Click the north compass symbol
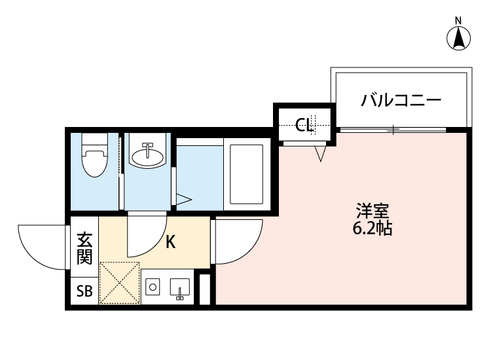460,37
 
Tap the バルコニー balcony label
401,101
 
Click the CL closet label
304,124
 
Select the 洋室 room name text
373,211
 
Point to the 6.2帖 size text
373,229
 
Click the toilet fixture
94,158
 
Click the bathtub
246,173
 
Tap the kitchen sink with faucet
179,289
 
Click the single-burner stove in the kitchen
153,287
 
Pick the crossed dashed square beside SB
119,283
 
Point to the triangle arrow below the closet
320,154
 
